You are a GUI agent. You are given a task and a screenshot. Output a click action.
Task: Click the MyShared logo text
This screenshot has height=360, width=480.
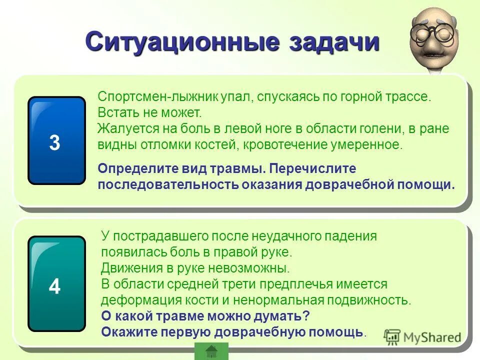tap(431, 337)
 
